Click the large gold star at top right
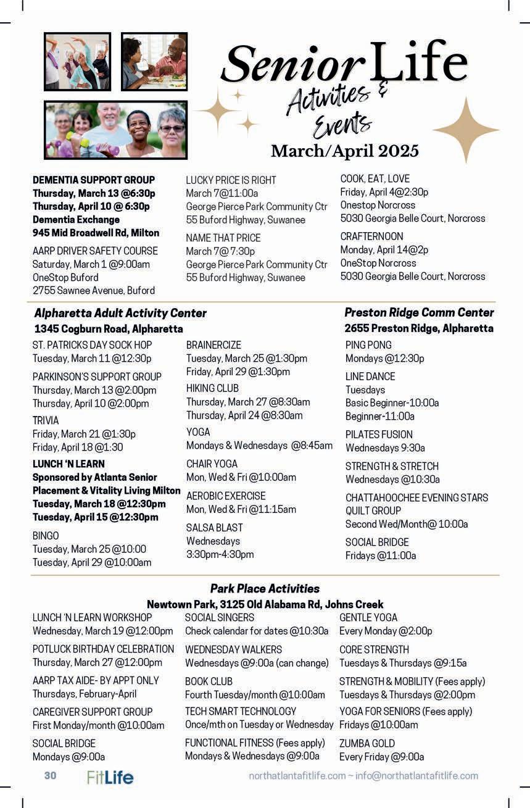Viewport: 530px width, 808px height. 465,129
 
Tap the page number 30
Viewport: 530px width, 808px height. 50,775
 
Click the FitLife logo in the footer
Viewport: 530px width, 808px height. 110,777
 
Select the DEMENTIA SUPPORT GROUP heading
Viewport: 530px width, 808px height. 94,180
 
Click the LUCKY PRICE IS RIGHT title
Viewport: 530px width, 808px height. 231,180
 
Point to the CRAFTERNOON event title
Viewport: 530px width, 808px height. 371,236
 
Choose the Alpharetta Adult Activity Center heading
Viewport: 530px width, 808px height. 120,313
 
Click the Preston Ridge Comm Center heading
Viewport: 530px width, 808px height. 419,312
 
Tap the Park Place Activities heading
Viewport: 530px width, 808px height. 265,588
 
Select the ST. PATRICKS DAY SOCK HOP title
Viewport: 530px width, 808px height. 92,345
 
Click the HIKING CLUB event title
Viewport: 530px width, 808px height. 212,388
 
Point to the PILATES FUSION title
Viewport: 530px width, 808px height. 379,435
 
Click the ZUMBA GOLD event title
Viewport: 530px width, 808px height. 366,743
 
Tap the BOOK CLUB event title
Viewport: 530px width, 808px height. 209,681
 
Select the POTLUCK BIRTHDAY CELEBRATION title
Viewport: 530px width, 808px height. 103,649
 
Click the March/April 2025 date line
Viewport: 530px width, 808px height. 344,151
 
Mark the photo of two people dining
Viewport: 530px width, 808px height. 154,62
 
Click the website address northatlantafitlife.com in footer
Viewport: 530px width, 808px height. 297,776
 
